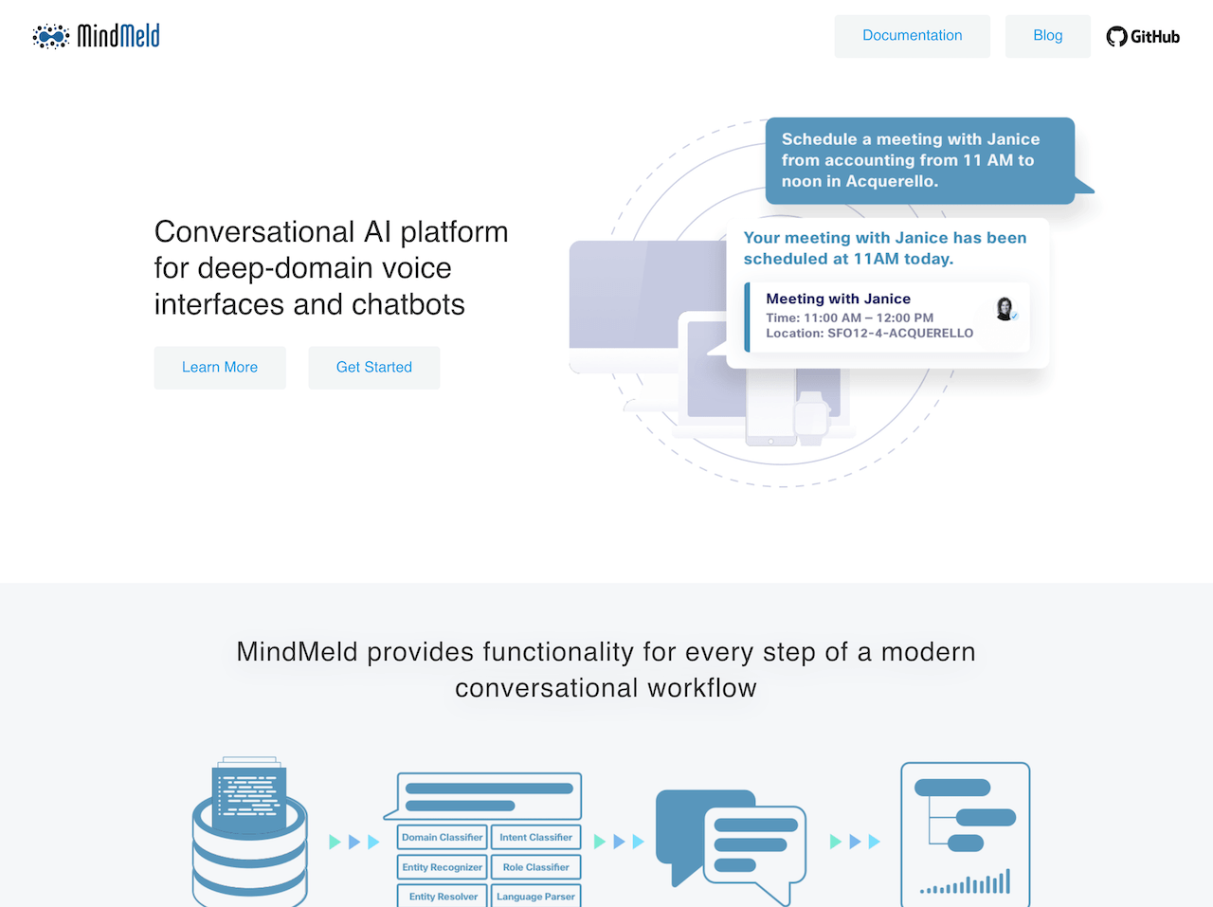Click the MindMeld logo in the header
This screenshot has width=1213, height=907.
pos(96,36)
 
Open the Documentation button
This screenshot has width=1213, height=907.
pos(912,36)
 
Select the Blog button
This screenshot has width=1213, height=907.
pos(1047,36)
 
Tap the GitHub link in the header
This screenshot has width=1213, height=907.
pos(1143,37)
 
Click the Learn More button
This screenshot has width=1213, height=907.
pos(220,368)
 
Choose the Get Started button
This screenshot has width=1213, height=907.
pos(374,368)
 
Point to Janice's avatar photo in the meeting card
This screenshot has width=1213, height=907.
pos(1005,309)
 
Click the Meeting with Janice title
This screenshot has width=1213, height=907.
pos(838,299)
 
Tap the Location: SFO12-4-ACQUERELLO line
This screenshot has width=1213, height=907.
pos(869,334)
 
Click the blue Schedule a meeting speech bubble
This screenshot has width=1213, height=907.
pos(919,160)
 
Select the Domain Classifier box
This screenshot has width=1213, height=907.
pos(442,838)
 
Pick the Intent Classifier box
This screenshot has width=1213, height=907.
pos(535,838)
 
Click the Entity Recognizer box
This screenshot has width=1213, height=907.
pos(442,867)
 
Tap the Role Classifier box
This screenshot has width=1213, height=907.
pos(535,867)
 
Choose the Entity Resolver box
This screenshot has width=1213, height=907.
pos(443,897)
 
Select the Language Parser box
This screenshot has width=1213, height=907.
pos(535,897)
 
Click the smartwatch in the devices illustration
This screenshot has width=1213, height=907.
pos(810,417)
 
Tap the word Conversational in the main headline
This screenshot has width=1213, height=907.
pos(254,232)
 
